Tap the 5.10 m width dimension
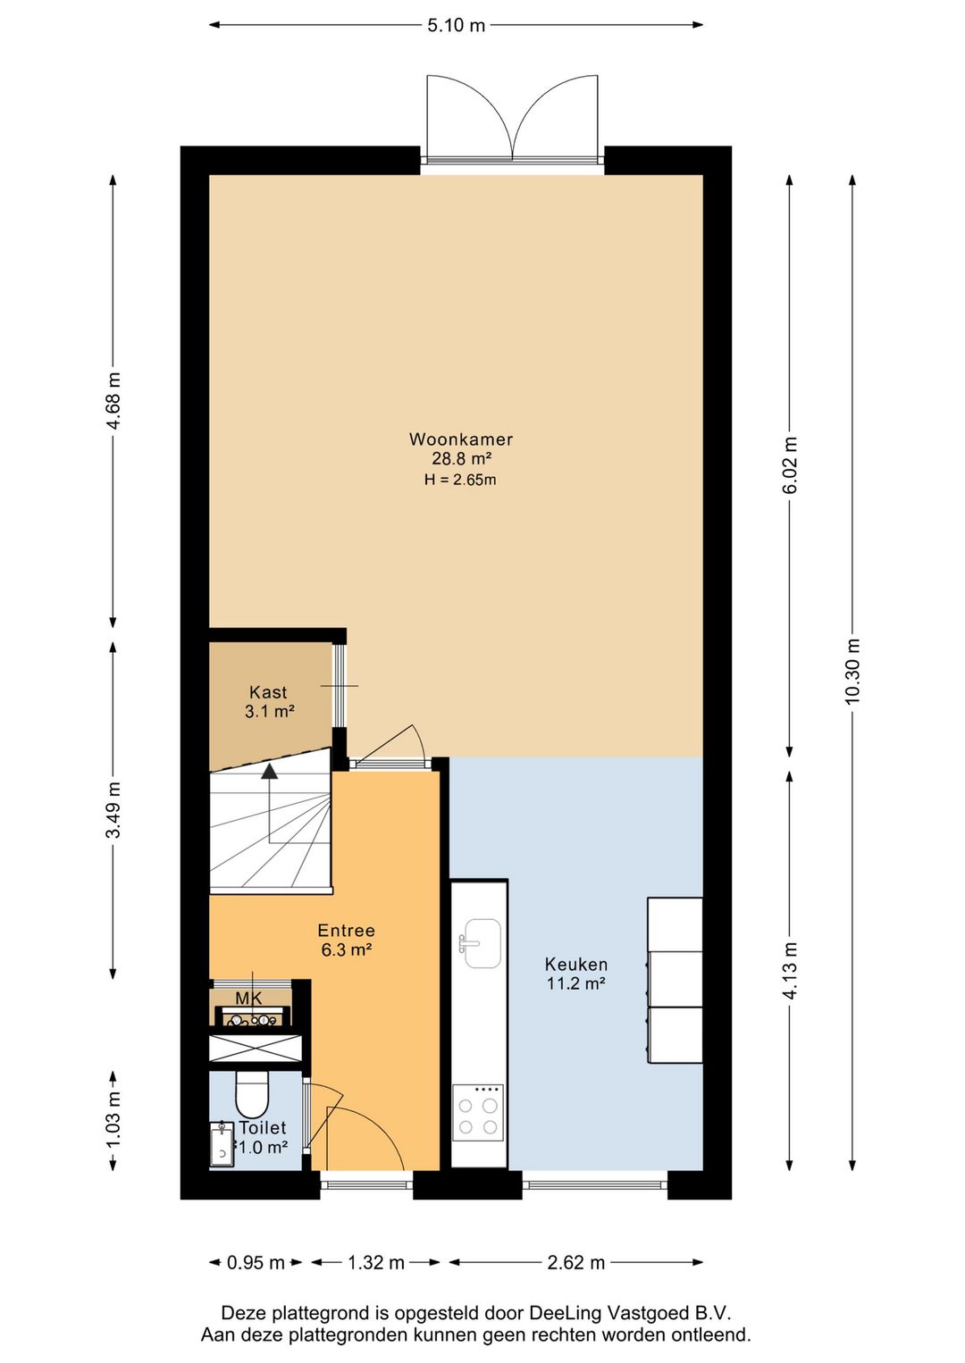click(456, 26)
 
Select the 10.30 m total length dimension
click(852, 671)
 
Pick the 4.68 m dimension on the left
click(113, 400)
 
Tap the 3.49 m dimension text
click(113, 809)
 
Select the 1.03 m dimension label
click(113, 1120)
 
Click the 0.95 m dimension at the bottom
click(256, 1263)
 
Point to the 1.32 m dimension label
click(375, 1263)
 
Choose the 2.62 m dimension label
click(576, 1263)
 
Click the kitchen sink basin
click(482, 942)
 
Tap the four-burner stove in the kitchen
click(478, 1113)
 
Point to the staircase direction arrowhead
click(269, 771)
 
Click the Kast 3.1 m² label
click(269, 701)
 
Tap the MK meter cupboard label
click(248, 998)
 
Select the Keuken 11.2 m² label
click(576, 973)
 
